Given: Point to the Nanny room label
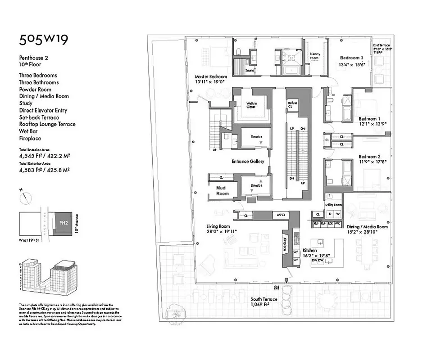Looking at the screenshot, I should [x=314, y=56].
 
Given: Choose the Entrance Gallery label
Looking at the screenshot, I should [x=248, y=161].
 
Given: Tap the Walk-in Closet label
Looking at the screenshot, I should [x=251, y=105].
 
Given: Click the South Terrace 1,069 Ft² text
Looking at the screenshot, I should [x=266, y=301].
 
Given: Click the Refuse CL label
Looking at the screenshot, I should [x=293, y=105].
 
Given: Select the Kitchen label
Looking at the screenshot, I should [x=309, y=250].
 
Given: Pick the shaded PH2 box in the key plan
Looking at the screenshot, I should [x=63, y=223].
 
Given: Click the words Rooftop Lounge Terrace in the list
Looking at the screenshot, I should [x=47, y=124].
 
